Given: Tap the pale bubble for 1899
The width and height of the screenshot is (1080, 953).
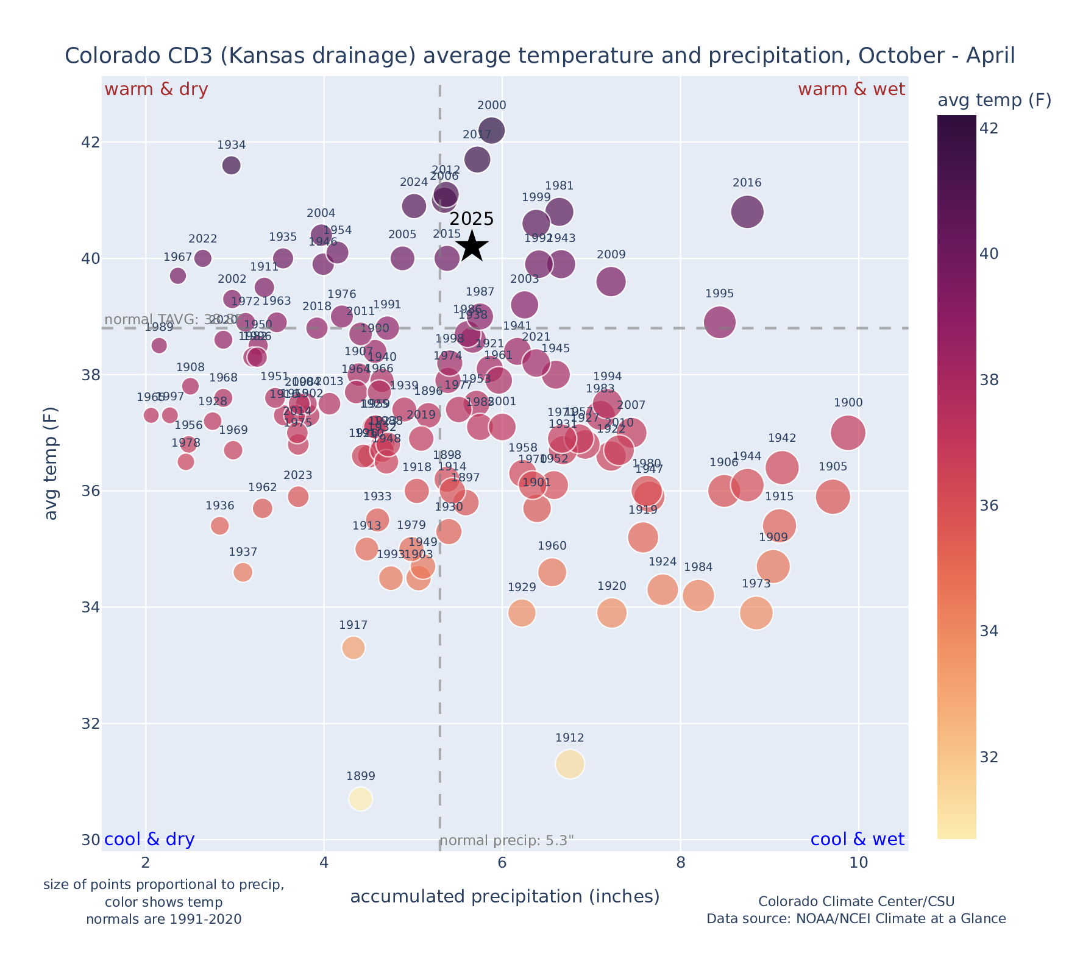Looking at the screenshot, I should point(360,799).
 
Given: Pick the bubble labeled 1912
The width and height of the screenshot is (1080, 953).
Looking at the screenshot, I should point(570,764).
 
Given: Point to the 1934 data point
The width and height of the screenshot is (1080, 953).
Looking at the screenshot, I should point(231,165).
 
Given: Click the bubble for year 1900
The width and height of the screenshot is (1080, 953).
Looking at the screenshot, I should point(848,433).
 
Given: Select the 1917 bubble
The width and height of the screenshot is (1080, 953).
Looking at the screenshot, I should point(353,648).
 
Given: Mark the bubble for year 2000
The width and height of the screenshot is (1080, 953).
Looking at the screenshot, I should point(492,130).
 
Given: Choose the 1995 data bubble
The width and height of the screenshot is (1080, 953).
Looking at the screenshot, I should point(719,322).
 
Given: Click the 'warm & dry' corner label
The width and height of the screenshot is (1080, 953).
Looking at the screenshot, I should point(156,90).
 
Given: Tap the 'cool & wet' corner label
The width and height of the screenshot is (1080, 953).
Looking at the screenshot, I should point(857,839).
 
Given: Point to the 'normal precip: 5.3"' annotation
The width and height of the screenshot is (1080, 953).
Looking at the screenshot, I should point(506,840).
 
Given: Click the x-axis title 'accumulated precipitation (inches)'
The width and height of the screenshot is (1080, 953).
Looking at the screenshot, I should point(505,896).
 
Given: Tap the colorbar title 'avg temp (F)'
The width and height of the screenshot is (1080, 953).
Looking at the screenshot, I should point(994,100).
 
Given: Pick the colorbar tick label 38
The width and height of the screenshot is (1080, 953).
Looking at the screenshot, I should point(989,380).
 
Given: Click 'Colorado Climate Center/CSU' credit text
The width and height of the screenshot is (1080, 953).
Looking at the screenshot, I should point(856,901).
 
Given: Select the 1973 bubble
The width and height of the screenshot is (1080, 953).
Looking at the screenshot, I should point(756,612).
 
